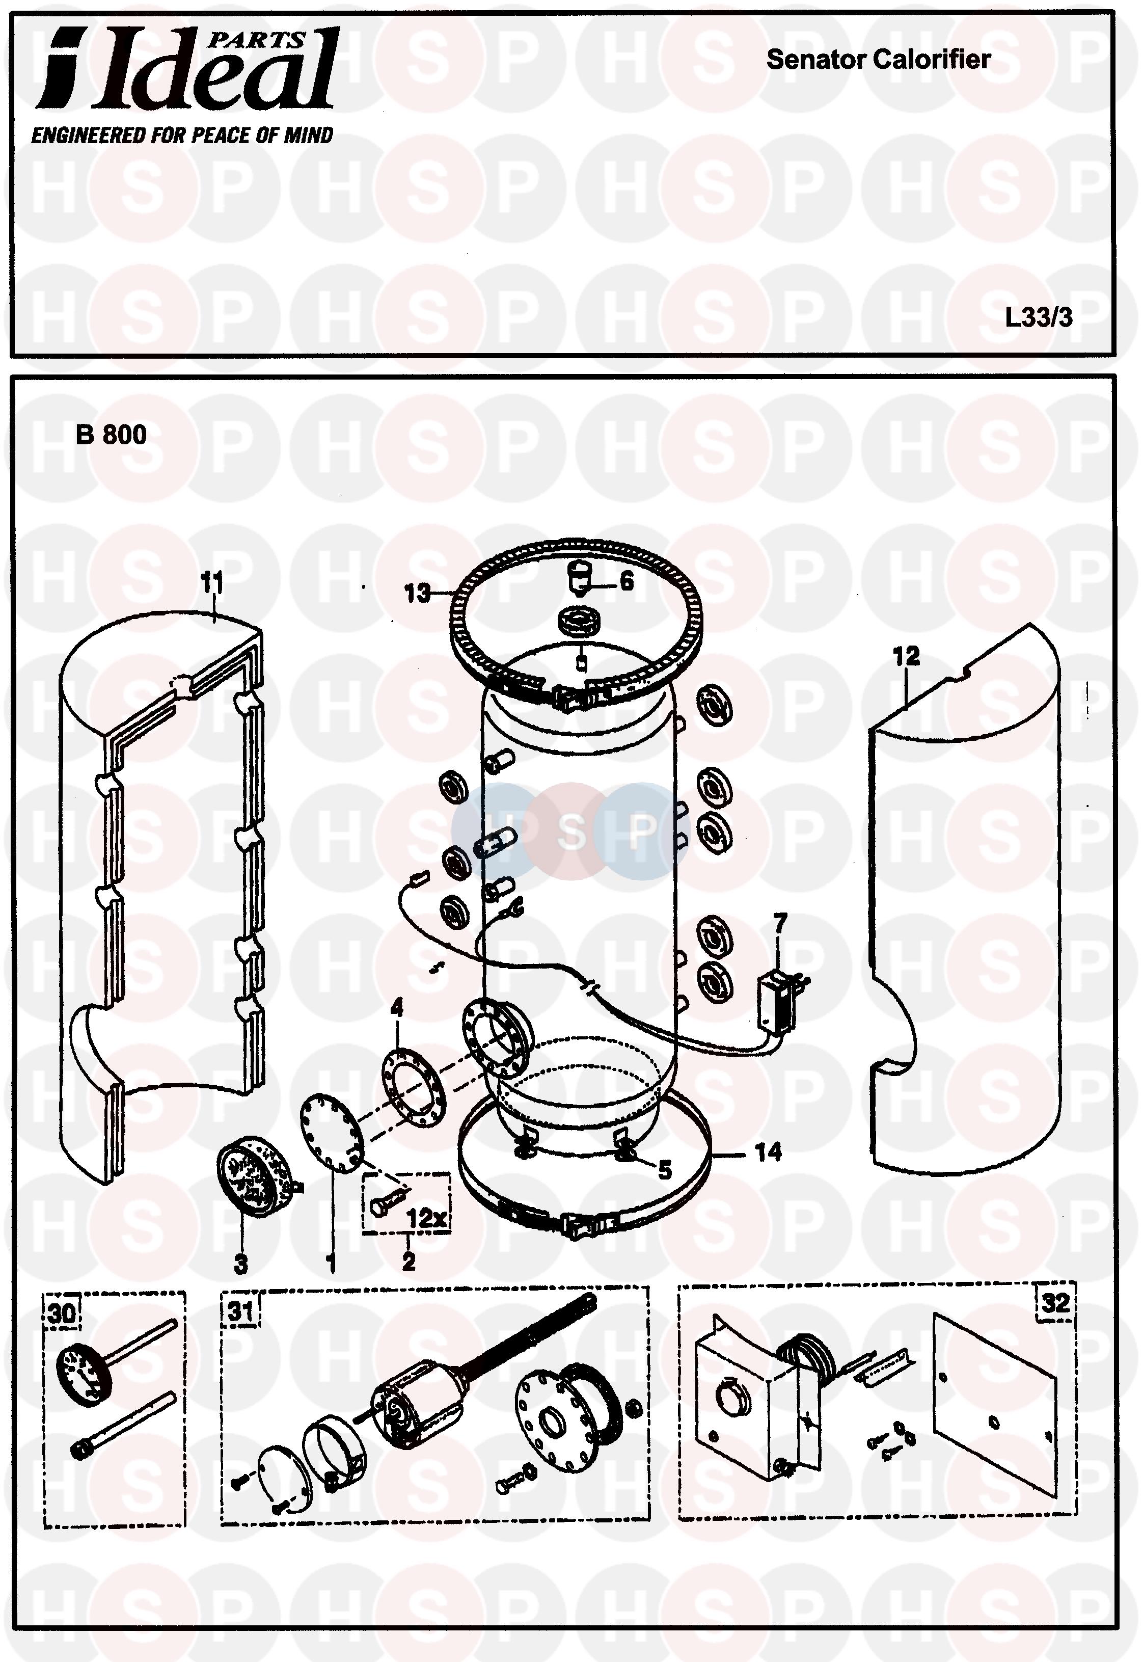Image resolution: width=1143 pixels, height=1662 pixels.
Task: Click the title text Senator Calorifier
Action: [878, 60]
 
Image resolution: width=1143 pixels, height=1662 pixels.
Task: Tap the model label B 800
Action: [111, 435]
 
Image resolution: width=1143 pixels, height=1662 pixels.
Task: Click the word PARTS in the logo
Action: [256, 41]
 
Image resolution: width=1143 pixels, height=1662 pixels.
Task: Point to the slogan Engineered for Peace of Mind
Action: [182, 136]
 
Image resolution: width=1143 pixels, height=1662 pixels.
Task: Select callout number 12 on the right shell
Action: [906, 656]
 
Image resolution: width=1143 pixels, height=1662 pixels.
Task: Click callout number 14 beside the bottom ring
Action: [769, 1152]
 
